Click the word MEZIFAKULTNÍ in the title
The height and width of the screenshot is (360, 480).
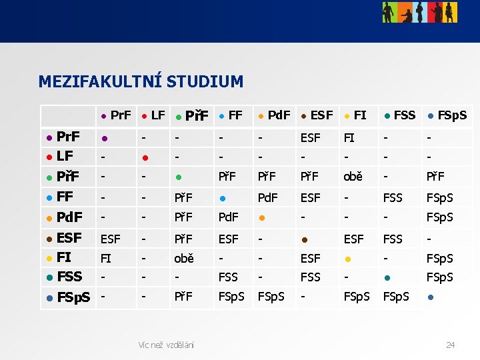(x=100, y=82)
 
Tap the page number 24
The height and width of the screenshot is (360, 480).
(x=450, y=345)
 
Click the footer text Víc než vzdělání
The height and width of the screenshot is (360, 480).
(x=165, y=345)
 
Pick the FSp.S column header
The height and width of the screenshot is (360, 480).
(x=451, y=115)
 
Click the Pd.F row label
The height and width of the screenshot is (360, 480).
(x=69, y=217)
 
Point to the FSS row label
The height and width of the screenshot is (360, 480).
(x=69, y=276)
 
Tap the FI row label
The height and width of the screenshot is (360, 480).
(x=64, y=257)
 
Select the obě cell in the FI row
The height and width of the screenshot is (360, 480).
(x=184, y=258)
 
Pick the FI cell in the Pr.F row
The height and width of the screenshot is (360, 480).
(x=349, y=138)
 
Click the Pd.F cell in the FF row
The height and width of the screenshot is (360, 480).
(x=268, y=198)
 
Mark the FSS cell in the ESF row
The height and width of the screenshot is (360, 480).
(x=393, y=238)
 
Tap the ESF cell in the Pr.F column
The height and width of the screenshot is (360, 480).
(x=110, y=238)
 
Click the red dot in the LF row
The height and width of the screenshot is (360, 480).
(x=145, y=158)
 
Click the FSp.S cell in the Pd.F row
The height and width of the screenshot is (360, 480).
(x=441, y=218)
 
